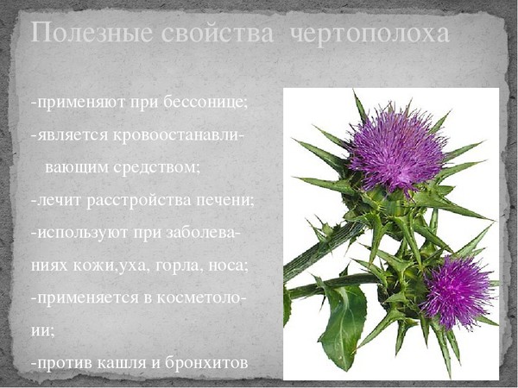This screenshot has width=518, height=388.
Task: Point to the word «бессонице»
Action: tap(205, 102)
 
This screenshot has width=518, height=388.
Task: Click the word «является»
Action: tap(73, 136)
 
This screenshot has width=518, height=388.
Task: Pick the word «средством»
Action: tap(157, 167)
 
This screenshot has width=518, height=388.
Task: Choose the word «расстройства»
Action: tap(139, 201)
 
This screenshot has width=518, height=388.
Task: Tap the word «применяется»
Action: tap(87, 298)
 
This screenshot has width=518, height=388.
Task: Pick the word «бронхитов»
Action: tap(206, 363)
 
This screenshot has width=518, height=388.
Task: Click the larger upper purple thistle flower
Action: tap(397, 151)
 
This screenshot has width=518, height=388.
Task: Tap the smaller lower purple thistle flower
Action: tap(458, 292)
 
